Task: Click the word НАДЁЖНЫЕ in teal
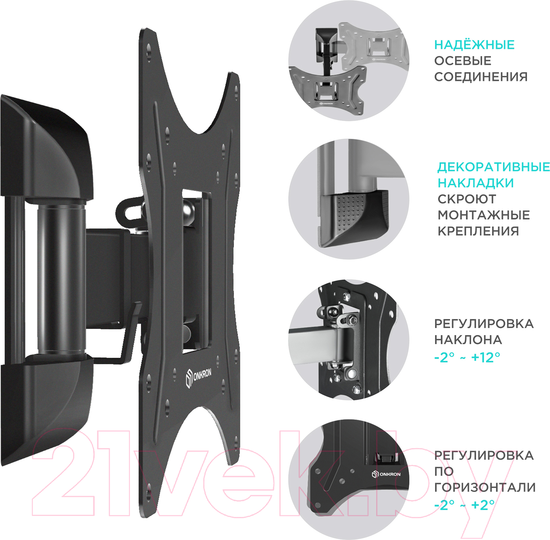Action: [474, 45]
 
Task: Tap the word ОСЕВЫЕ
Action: [463, 61]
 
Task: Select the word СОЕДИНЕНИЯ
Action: [481, 77]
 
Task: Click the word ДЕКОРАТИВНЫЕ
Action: [494, 167]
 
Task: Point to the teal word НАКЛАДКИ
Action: [476, 183]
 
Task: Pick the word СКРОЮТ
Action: [467, 199]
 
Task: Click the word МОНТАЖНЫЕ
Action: [484, 215]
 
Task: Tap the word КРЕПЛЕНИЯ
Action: [478, 231]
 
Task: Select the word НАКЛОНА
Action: [468, 340]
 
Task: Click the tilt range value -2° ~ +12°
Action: [467, 357]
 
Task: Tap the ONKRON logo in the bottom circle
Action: [386, 474]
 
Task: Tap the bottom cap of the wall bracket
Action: [46, 409]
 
